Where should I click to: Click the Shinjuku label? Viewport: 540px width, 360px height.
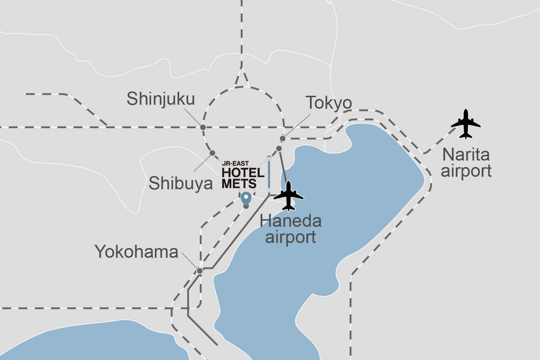coord(161,99)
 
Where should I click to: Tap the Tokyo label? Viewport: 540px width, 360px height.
coord(329,103)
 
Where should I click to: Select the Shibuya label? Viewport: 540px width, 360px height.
coord(181,183)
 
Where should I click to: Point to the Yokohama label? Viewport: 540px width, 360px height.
coord(136,252)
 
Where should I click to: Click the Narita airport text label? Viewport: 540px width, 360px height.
coord(466,163)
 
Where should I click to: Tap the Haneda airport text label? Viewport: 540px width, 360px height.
coord(291,229)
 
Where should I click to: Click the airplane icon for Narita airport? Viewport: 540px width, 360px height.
coord(466,124)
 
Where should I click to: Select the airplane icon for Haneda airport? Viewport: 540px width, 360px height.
coord(289,196)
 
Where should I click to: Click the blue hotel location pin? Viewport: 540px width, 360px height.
coord(246,198)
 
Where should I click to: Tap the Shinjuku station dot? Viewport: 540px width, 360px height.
coord(203,127)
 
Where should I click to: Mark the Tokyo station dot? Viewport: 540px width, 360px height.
coord(283,139)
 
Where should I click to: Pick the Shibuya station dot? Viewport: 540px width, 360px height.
coord(212,153)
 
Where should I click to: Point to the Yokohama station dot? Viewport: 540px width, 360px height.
coord(200,271)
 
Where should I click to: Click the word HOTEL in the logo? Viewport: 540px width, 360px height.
coord(243,173)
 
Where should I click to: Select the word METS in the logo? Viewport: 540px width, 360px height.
coord(239,184)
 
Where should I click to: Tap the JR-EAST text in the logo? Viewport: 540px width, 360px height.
coord(235,163)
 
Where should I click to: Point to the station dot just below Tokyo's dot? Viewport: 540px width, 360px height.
coord(279,148)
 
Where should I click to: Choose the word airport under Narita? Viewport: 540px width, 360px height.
coord(466,171)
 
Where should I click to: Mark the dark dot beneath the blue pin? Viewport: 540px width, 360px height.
coord(246,206)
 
